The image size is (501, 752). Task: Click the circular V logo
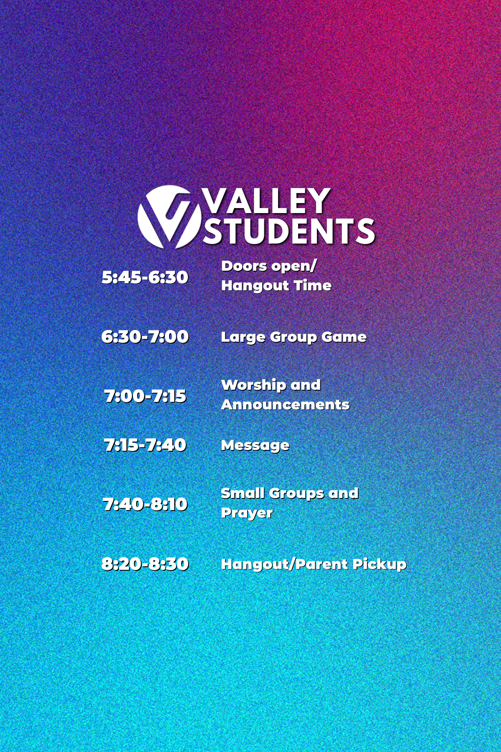click(170, 217)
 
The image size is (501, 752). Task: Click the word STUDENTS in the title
click(289, 231)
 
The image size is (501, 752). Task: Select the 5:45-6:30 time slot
click(145, 277)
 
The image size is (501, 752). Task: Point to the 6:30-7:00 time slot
click(145, 337)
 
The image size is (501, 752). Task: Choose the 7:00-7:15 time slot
click(145, 396)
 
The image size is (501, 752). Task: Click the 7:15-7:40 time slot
click(145, 445)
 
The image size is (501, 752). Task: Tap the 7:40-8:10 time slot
click(145, 504)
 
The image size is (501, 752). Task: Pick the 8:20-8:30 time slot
click(145, 564)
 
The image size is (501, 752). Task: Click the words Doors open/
click(269, 267)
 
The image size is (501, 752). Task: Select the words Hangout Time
click(276, 286)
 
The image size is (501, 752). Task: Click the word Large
click(243, 338)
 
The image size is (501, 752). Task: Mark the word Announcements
click(285, 404)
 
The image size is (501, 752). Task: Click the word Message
click(255, 446)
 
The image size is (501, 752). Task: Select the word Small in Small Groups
click(243, 493)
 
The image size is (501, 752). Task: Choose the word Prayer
click(247, 513)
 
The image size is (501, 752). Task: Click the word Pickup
click(379, 564)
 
